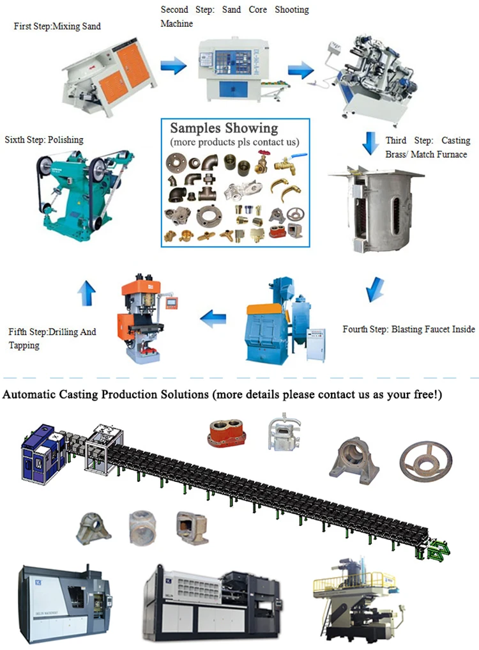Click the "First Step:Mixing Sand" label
coord(57,26)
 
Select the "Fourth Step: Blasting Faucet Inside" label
coord(409,329)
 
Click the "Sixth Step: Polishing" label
coord(44,139)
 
